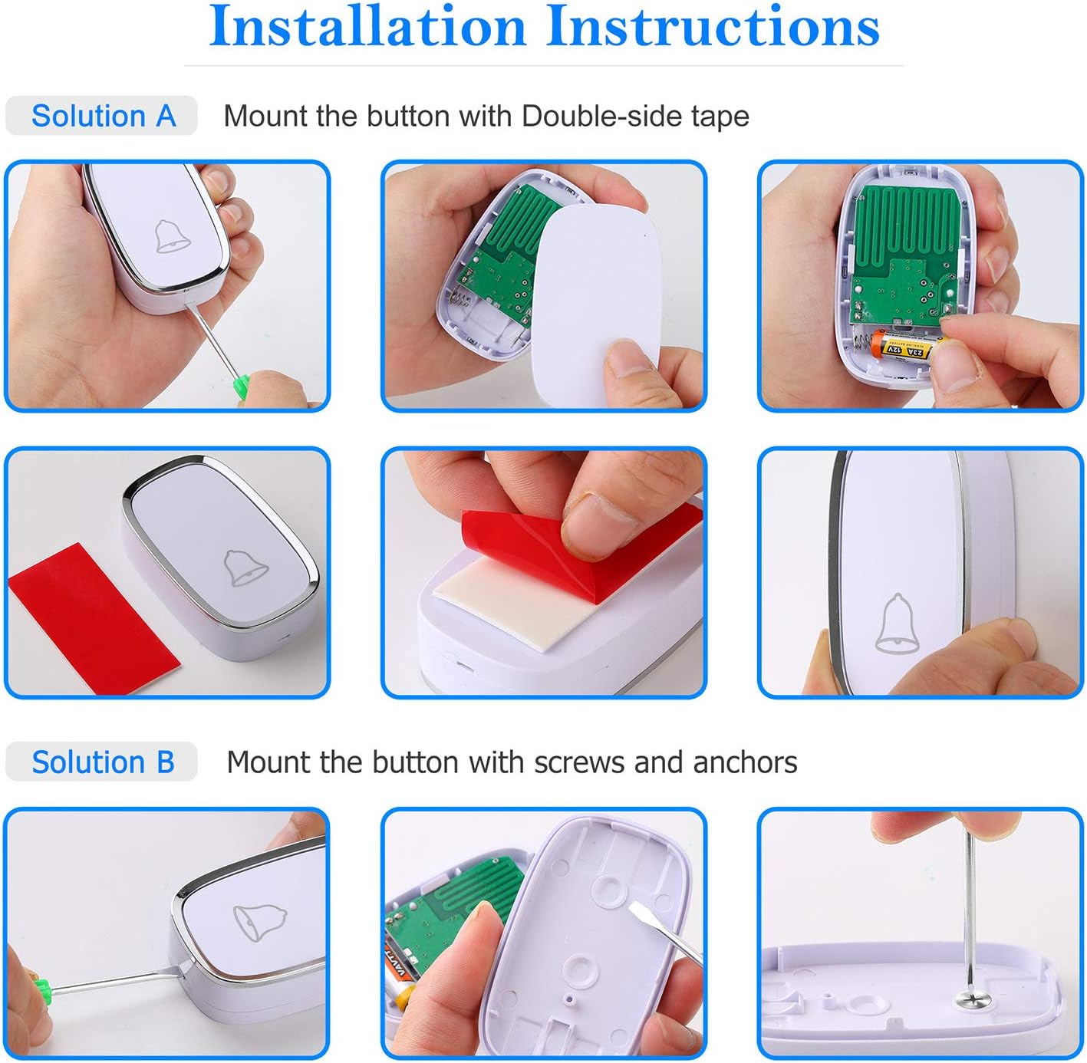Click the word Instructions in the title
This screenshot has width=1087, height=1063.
[713, 27]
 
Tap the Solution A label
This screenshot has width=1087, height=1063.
[103, 116]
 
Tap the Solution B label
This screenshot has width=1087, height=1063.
[103, 762]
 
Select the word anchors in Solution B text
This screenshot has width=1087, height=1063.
[744, 762]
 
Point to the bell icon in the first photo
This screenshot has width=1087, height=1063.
[171, 235]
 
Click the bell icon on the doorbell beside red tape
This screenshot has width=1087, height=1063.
[245, 567]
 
